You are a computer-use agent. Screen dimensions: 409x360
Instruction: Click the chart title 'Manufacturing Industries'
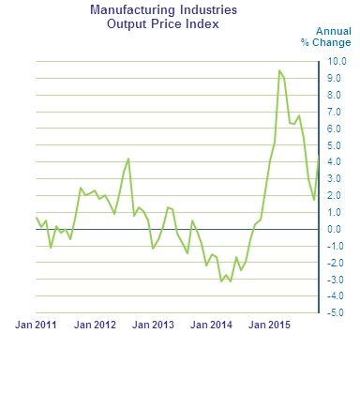pyautogui.click(x=163, y=10)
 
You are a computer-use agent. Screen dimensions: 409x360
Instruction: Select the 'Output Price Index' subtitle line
pyautogui.click(x=163, y=23)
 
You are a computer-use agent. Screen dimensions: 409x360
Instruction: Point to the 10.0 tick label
pyautogui.click(x=337, y=62)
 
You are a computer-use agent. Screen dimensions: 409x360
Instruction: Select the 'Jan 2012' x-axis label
pyautogui.click(x=95, y=326)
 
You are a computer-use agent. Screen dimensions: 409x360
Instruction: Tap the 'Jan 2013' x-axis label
pyautogui.click(x=153, y=326)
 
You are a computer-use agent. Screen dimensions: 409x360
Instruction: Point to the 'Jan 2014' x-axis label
pyautogui.click(x=211, y=326)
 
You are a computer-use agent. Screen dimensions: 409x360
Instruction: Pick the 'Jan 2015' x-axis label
pyautogui.click(x=269, y=326)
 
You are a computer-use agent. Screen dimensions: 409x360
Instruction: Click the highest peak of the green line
pyautogui.click(x=279, y=70)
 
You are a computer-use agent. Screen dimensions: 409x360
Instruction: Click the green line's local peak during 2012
pyautogui.click(x=128, y=159)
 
